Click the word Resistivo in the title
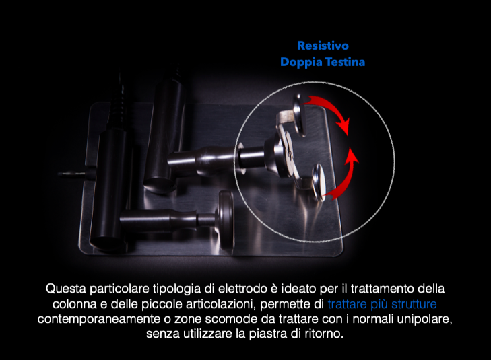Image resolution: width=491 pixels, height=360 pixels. [323, 46]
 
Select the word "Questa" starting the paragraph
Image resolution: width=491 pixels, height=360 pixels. [64, 289]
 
